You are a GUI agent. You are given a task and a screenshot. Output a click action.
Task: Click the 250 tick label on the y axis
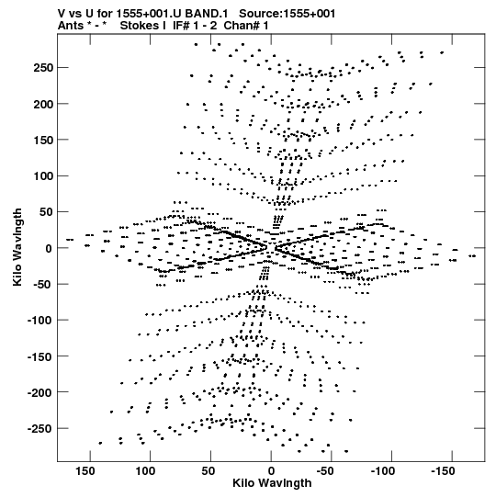point(42,68)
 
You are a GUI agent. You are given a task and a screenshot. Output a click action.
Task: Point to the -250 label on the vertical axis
point(39,428)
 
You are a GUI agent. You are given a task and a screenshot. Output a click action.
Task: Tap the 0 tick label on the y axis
point(48,248)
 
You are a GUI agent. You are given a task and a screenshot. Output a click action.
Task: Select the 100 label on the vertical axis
point(42,175)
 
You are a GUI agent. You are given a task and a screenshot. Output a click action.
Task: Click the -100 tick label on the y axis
point(39,320)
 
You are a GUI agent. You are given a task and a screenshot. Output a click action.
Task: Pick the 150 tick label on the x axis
point(85,471)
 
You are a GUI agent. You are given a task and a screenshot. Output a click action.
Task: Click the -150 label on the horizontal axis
point(443,471)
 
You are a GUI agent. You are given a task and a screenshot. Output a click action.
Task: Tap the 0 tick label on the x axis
point(271,471)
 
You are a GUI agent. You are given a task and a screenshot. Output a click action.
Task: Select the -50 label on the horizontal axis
point(325,471)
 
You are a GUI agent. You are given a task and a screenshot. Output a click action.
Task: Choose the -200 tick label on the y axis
point(39,392)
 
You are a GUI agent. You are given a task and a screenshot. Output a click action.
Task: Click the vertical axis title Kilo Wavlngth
point(17,247)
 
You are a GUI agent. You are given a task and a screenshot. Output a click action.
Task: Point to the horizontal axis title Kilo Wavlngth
point(272,483)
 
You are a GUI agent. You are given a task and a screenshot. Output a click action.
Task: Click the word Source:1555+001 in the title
point(287,14)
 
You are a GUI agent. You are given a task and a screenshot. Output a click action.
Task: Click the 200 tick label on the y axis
point(42,104)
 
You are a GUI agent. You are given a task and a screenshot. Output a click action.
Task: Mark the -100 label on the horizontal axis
point(382,471)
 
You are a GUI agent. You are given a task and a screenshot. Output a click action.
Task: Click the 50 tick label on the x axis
point(208,471)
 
